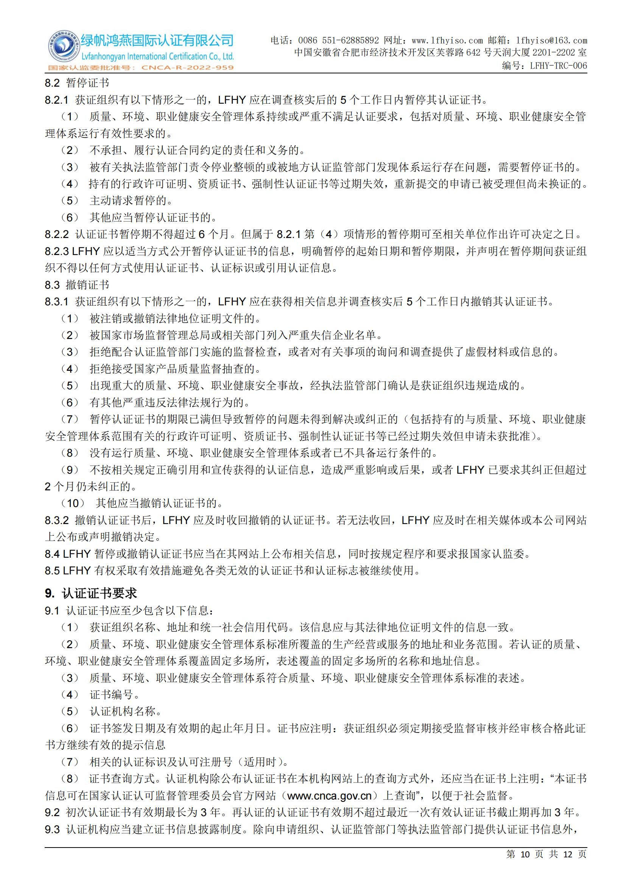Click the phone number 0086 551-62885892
338,40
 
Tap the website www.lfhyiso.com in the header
447,40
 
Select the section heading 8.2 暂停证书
77,83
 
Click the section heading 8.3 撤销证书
77,285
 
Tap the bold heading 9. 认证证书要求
91,593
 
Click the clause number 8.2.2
57,234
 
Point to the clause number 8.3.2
57,520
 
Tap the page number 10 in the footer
525,865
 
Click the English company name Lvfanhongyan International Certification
157,57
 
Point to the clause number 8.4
52,554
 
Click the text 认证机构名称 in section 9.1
123,712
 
